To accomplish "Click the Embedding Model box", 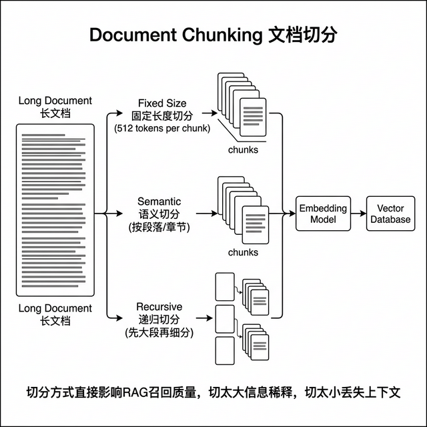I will click(x=323, y=213).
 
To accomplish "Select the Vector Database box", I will click(x=391, y=213).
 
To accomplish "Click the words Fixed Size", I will click(x=160, y=103).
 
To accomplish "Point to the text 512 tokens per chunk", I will click(x=162, y=127).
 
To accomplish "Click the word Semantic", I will click(x=159, y=201).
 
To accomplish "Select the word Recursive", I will click(x=159, y=306).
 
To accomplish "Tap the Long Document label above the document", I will click(x=55, y=101).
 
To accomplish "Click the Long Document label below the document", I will click(x=55, y=309).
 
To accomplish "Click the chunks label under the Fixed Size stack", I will click(x=243, y=149).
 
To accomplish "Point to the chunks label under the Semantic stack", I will click(x=243, y=253).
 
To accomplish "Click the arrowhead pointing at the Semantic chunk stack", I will click(x=215, y=214).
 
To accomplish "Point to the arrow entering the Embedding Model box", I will click(x=292, y=214).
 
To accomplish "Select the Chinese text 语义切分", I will click(x=159, y=214).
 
